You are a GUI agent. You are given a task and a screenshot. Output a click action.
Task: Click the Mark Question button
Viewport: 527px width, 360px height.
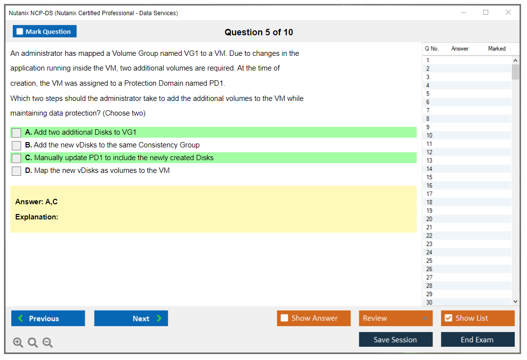pos(45,31)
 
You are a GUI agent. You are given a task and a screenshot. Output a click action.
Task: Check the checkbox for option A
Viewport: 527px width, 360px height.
pos(17,133)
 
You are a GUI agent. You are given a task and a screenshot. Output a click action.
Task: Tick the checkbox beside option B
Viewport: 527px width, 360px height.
pos(17,145)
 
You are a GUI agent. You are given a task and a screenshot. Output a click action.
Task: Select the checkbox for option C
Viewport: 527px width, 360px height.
pos(17,158)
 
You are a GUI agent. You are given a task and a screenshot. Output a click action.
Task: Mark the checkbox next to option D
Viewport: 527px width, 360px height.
pos(17,171)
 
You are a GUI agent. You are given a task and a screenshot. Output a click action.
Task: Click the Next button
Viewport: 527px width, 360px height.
pos(131,318)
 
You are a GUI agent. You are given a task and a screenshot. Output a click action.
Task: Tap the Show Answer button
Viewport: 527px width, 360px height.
pos(314,318)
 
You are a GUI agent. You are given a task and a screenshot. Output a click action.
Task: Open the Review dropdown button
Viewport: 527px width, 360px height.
pos(396,318)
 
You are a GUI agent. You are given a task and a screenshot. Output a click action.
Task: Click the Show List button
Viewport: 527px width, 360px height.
pos(477,318)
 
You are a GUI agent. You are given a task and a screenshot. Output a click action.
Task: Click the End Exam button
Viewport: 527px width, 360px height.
pos(477,339)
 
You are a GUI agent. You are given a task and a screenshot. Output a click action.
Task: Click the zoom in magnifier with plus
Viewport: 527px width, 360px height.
pos(18,342)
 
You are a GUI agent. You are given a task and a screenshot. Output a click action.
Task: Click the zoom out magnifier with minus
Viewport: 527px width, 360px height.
pos(48,342)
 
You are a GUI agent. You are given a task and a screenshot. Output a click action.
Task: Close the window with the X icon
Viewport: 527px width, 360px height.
pos(508,12)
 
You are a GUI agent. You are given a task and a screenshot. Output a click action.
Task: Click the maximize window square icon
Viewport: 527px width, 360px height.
pos(486,12)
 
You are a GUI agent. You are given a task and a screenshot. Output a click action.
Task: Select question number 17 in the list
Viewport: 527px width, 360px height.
pos(429,194)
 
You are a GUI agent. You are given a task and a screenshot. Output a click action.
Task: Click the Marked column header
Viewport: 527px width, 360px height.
pos(497,48)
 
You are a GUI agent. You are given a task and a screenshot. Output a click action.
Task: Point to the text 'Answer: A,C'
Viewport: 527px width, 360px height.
pos(36,202)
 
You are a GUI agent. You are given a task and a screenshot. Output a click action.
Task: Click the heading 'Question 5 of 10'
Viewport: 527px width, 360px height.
pos(259,32)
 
